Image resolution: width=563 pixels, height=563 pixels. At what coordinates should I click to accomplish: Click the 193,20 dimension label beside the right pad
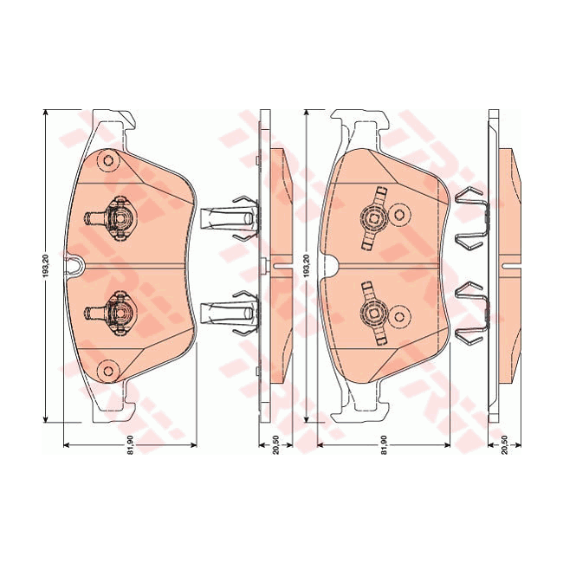(x=306, y=265)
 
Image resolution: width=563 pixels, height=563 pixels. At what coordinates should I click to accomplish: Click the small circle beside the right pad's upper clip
(x=399, y=212)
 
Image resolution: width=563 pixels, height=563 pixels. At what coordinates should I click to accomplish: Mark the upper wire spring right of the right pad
(x=469, y=217)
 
